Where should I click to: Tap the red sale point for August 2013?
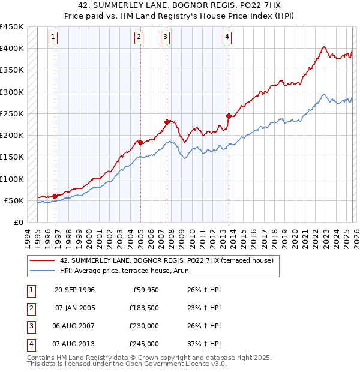pyautogui.click(x=229, y=116)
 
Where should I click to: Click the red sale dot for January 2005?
pyautogui.click(x=140, y=142)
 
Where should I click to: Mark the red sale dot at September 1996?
pyautogui.click(x=55, y=196)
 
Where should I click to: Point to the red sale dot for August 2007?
pyautogui.click(x=167, y=122)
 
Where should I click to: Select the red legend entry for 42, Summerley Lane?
pyautogui.click(x=166, y=260)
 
